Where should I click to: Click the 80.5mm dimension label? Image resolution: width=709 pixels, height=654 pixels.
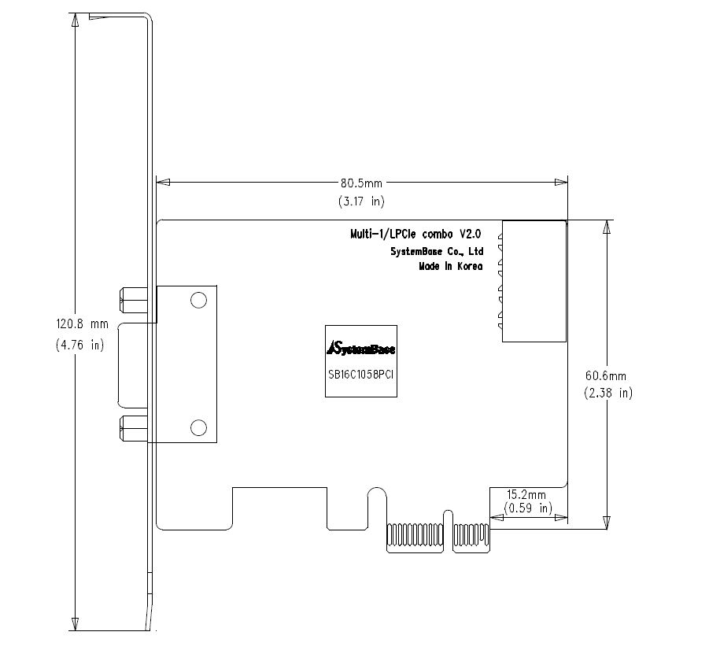click(361, 183)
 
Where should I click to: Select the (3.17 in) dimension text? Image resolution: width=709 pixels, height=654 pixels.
click(361, 201)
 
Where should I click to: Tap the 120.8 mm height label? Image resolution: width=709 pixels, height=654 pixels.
click(83, 323)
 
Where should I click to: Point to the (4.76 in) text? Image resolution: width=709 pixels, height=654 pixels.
click(80, 345)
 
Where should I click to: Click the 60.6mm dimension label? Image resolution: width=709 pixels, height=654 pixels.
click(606, 376)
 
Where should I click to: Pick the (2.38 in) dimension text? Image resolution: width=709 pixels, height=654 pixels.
click(608, 393)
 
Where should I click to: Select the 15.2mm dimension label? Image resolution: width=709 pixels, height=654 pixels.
click(526, 495)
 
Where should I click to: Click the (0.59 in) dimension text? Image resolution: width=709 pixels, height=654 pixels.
click(528, 508)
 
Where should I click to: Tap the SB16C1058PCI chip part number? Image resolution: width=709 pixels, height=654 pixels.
click(361, 375)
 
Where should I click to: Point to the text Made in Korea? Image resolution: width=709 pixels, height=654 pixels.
click(451, 266)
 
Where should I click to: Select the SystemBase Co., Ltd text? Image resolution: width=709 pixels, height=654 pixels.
click(437, 252)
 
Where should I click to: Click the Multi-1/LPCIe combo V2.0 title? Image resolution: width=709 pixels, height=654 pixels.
click(415, 235)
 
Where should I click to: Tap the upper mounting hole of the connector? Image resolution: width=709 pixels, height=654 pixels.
click(198, 301)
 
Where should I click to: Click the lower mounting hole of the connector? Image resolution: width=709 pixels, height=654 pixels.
click(198, 427)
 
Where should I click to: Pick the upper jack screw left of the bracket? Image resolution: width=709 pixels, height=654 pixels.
click(134, 300)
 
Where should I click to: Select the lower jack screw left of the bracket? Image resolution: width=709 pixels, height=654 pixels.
click(134, 428)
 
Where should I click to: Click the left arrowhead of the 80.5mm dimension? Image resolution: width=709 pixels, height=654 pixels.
click(163, 183)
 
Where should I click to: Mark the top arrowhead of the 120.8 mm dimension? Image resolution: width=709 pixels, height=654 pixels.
click(75, 20)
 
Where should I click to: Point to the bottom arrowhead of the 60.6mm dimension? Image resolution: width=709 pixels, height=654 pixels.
click(607, 523)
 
